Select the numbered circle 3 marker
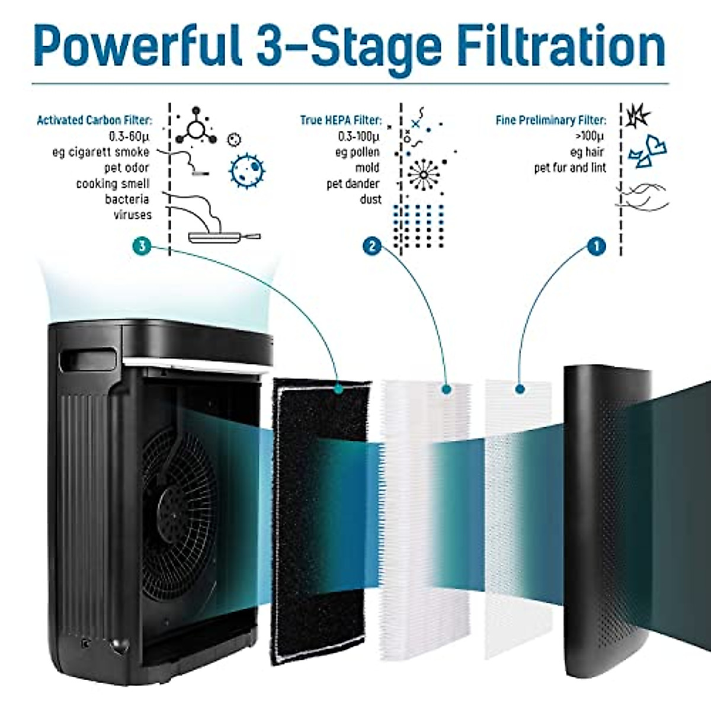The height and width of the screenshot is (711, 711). tap(140, 245)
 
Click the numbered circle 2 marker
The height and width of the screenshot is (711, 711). tap(372, 245)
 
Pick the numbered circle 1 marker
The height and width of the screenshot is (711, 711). tap(596, 245)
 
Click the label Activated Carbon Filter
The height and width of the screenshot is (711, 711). tap(94, 120)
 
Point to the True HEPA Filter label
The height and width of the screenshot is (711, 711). tap(341, 120)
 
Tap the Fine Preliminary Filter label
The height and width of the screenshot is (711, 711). tap(551, 120)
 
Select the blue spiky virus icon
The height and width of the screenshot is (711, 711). tap(246, 170)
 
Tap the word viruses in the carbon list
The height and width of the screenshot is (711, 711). tap(133, 215)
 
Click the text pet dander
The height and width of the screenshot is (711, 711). tap(353, 184)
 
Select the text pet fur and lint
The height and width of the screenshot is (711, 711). tap(570, 168)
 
